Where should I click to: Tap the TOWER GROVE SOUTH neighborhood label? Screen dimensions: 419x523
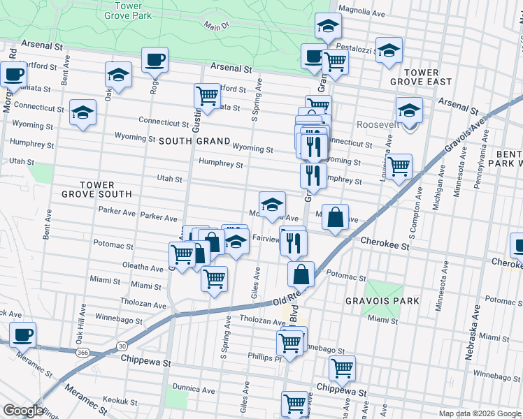click(96, 189)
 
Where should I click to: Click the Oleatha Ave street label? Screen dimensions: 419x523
click(142, 267)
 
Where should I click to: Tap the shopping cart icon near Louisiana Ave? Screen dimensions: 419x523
click(399, 167)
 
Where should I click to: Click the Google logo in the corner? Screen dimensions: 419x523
click(23, 411)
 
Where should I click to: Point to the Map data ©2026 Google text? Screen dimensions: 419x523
click(480, 413)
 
